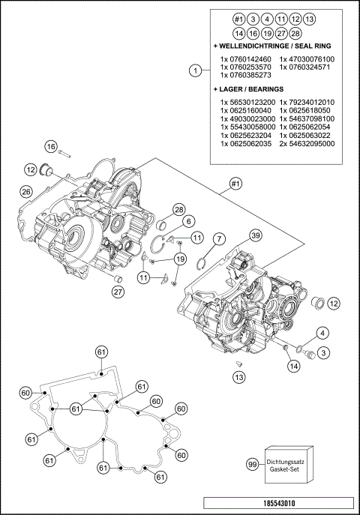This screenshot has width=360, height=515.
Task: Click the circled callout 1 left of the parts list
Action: click(195, 71)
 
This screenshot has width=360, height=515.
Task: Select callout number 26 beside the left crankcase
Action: click(25, 192)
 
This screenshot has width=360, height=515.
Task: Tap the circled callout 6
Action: click(189, 221)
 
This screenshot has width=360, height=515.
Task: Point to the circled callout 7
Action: click(218, 238)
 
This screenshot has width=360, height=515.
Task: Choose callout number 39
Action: click(255, 235)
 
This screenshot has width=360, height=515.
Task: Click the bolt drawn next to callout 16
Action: click(64, 153)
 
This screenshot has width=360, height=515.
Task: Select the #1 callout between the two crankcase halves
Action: click(235, 183)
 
